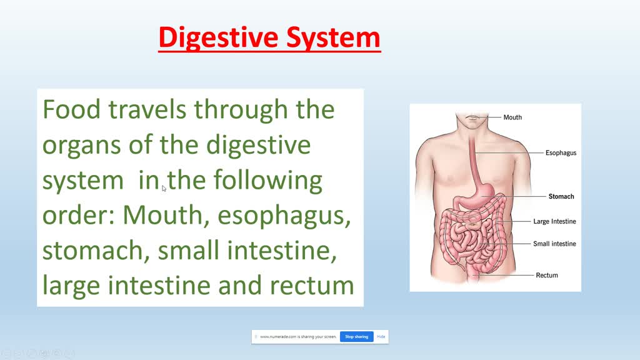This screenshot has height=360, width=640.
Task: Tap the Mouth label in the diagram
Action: tap(512, 117)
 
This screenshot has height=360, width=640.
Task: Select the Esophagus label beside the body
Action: tap(561, 152)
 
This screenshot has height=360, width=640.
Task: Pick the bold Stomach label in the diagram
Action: tap(561, 196)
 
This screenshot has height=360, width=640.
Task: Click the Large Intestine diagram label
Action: tap(554, 221)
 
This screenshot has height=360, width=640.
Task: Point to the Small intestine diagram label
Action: tap(554, 244)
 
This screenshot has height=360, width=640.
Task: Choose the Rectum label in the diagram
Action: tap(547, 275)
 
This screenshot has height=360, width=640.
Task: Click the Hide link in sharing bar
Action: tap(381, 337)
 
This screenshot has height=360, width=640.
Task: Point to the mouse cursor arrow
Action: tap(164, 187)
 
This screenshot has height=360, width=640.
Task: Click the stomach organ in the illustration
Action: tap(478, 199)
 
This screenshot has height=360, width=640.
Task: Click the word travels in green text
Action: tap(147, 110)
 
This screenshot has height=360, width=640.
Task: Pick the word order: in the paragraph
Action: tap(79, 216)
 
